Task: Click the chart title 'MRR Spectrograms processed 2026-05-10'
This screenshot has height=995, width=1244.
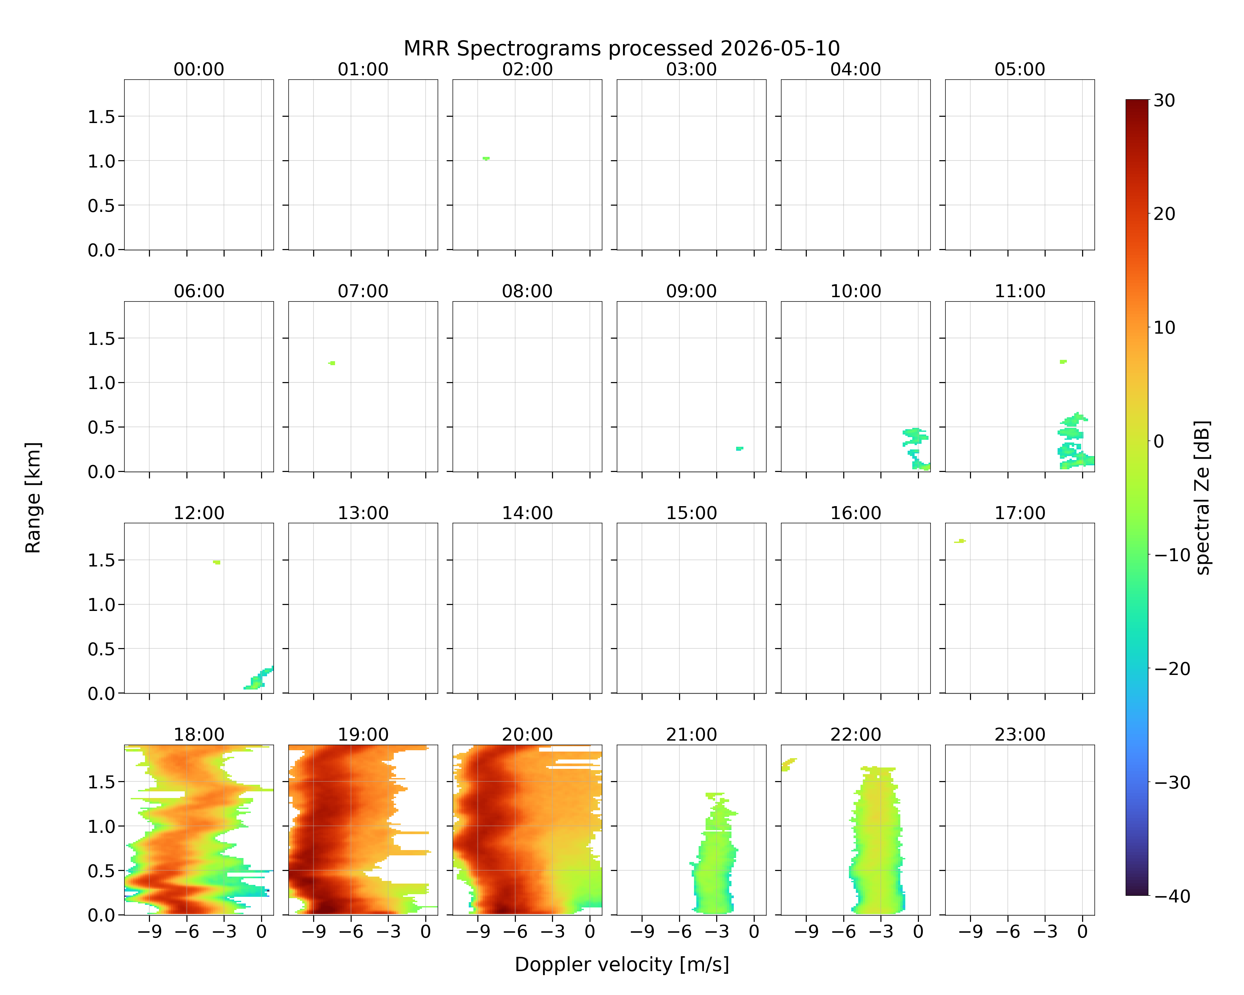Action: coord(621,48)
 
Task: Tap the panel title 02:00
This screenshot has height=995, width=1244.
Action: coord(527,69)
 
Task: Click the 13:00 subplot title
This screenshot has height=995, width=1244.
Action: coord(363,513)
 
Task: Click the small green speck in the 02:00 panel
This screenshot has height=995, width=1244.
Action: coord(486,159)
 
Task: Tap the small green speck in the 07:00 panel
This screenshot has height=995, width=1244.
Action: coord(332,363)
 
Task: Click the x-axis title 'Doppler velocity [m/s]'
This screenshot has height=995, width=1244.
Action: coord(621,964)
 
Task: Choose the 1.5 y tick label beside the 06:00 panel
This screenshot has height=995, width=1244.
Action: coord(102,339)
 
